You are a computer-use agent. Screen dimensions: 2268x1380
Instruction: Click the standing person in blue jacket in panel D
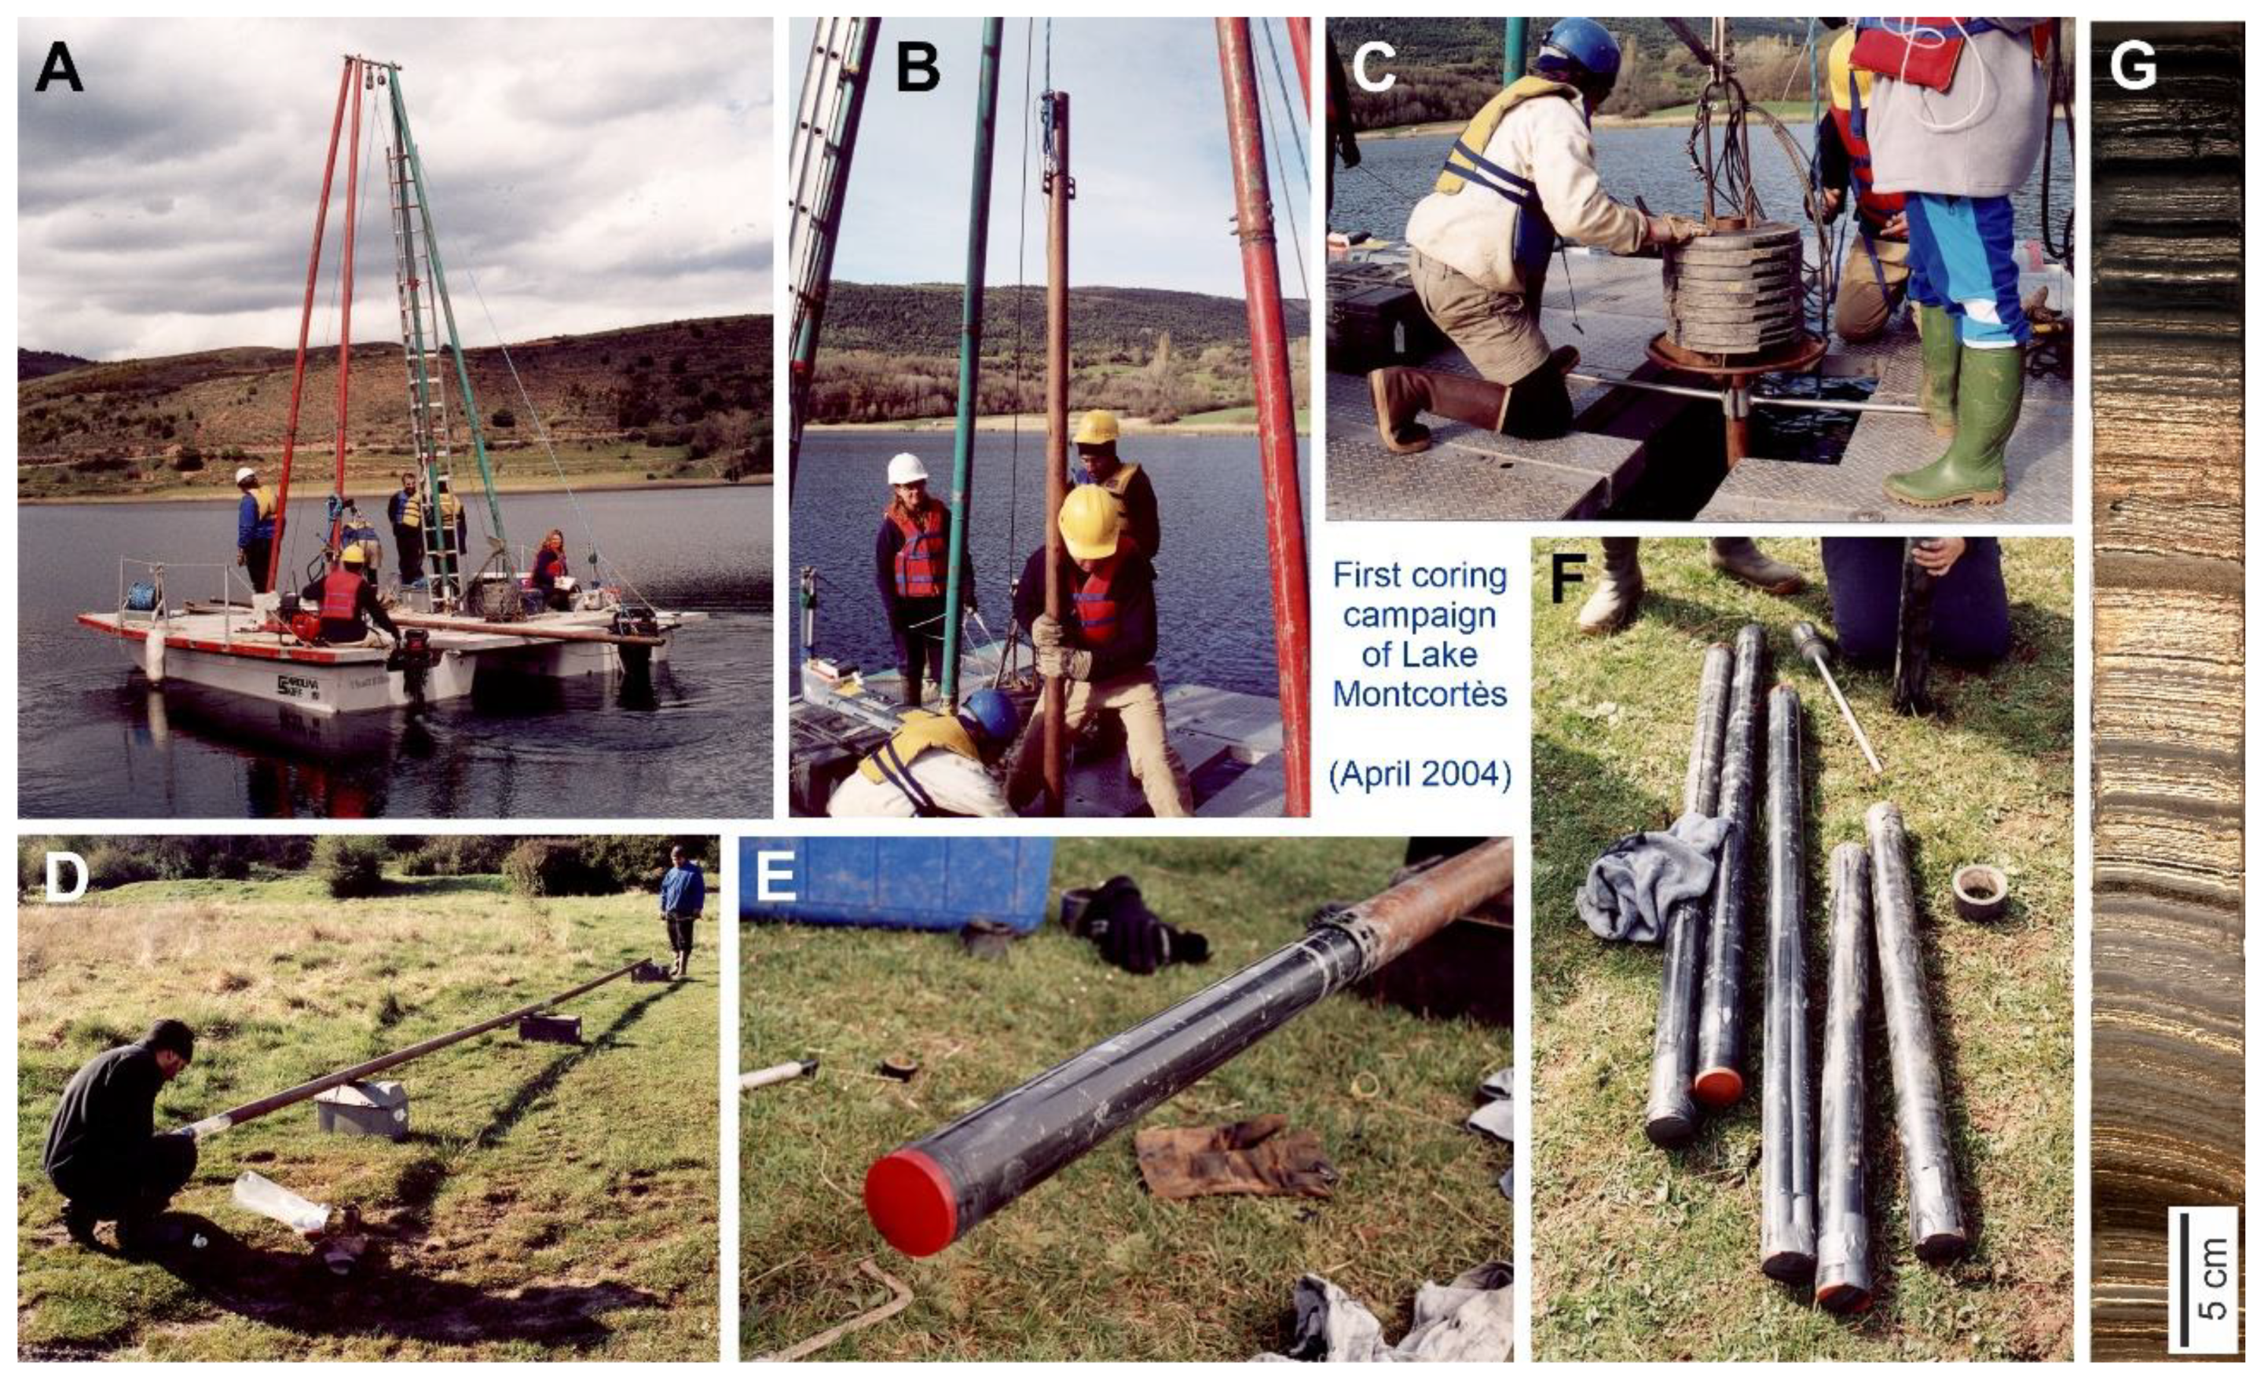tap(682, 911)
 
